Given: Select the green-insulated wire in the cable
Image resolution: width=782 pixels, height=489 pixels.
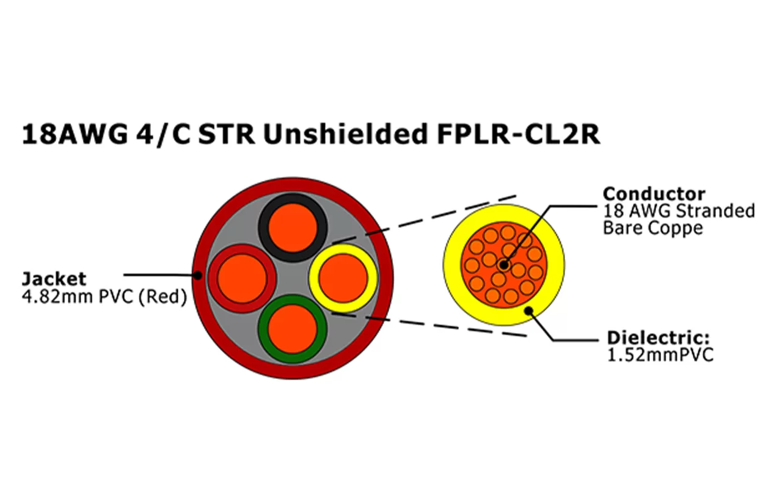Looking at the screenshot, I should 293,328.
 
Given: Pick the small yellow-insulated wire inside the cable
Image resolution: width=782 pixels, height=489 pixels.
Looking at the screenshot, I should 343,278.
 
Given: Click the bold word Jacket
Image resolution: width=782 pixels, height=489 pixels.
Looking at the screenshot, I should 54,279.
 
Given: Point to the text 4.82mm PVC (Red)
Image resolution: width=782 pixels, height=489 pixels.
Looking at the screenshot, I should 104,298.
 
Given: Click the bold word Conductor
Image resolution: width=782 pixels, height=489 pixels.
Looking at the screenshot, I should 654,194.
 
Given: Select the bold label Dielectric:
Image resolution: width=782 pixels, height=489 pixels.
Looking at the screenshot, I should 660,338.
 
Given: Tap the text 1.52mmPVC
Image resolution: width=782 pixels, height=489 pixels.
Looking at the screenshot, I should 660,355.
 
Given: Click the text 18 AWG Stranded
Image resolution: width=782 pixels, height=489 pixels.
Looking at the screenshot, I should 678,211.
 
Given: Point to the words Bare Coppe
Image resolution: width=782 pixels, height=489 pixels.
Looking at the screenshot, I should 652,228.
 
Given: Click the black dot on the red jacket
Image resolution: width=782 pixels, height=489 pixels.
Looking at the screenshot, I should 198,276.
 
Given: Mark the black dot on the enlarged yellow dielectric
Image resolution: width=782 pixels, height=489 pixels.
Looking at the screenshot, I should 529,311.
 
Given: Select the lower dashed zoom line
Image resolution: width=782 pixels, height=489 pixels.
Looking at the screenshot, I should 428,325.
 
